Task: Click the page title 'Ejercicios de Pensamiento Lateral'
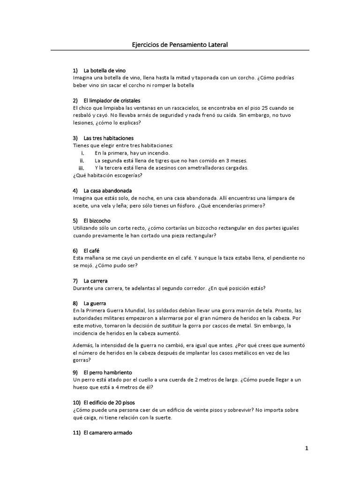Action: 180,45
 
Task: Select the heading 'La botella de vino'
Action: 105,70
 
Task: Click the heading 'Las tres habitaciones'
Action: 108,138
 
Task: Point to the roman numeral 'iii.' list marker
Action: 81,168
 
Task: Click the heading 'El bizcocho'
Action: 97,220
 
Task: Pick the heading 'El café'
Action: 91,250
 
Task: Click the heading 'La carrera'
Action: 96,280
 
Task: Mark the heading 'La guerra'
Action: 95,303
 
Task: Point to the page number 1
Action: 307,448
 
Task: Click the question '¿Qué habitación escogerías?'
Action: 107,175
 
